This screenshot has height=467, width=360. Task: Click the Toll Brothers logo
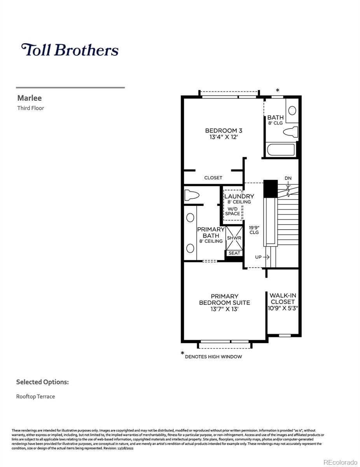click(x=70, y=50)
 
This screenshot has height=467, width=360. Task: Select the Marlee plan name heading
click(x=30, y=98)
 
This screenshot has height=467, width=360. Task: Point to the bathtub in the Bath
click(x=281, y=150)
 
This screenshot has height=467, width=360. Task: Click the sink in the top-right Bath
click(x=292, y=111)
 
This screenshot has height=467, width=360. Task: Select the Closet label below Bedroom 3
click(x=213, y=178)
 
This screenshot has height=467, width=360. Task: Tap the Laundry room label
click(x=239, y=197)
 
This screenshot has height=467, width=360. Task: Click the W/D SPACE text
click(x=232, y=211)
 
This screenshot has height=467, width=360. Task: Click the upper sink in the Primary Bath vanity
click(x=190, y=218)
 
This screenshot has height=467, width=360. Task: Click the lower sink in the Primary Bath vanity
click(x=190, y=248)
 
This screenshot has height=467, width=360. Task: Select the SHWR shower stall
click(x=234, y=238)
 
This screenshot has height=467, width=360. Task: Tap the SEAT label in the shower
click(x=234, y=253)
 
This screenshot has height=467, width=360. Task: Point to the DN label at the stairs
click(x=288, y=178)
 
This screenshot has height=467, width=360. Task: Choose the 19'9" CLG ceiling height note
click(x=254, y=230)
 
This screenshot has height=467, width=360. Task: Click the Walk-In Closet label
click(x=283, y=298)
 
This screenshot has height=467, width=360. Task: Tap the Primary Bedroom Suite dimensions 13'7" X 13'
click(x=224, y=309)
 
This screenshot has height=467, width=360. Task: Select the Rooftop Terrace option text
click(x=35, y=397)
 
